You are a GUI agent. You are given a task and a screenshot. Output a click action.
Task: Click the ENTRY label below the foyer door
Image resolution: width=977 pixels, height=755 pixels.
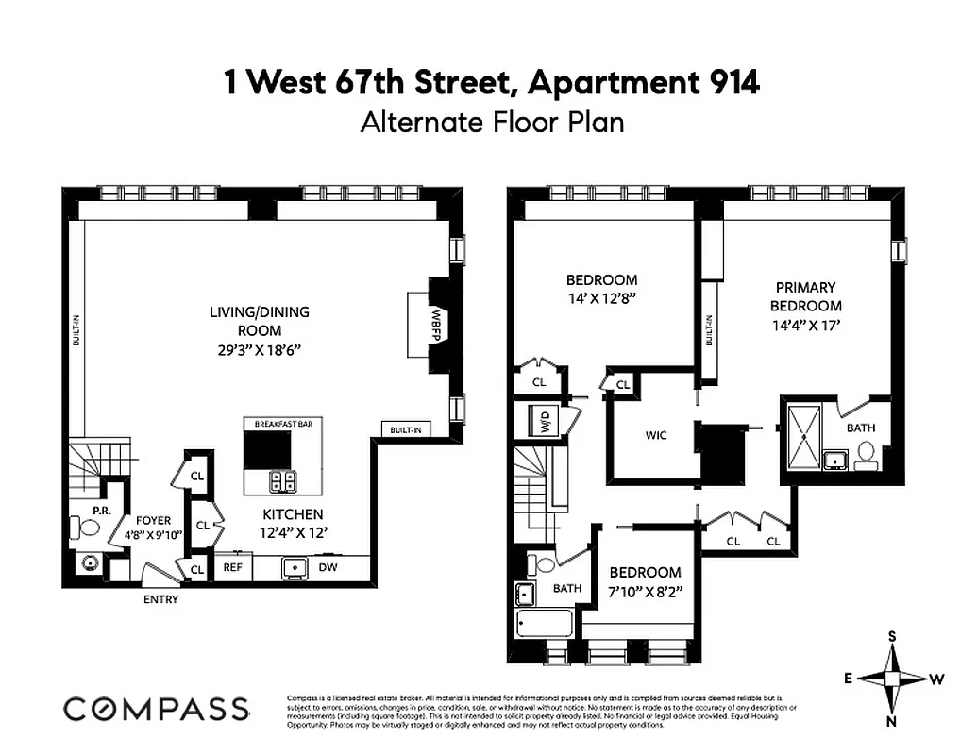[x=160, y=599]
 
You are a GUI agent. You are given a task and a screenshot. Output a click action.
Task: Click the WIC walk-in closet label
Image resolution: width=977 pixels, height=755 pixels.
[x=655, y=435]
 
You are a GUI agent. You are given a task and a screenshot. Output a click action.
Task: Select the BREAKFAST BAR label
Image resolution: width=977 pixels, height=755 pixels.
[x=283, y=425]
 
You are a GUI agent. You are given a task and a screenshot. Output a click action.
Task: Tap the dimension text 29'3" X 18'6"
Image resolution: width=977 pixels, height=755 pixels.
[x=260, y=348]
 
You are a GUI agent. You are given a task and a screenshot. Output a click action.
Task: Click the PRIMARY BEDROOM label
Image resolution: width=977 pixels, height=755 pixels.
[x=805, y=296]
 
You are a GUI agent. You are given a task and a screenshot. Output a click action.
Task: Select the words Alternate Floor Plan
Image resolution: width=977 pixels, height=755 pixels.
[x=492, y=123]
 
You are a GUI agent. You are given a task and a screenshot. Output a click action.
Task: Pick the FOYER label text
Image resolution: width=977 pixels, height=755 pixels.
[x=153, y=520]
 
